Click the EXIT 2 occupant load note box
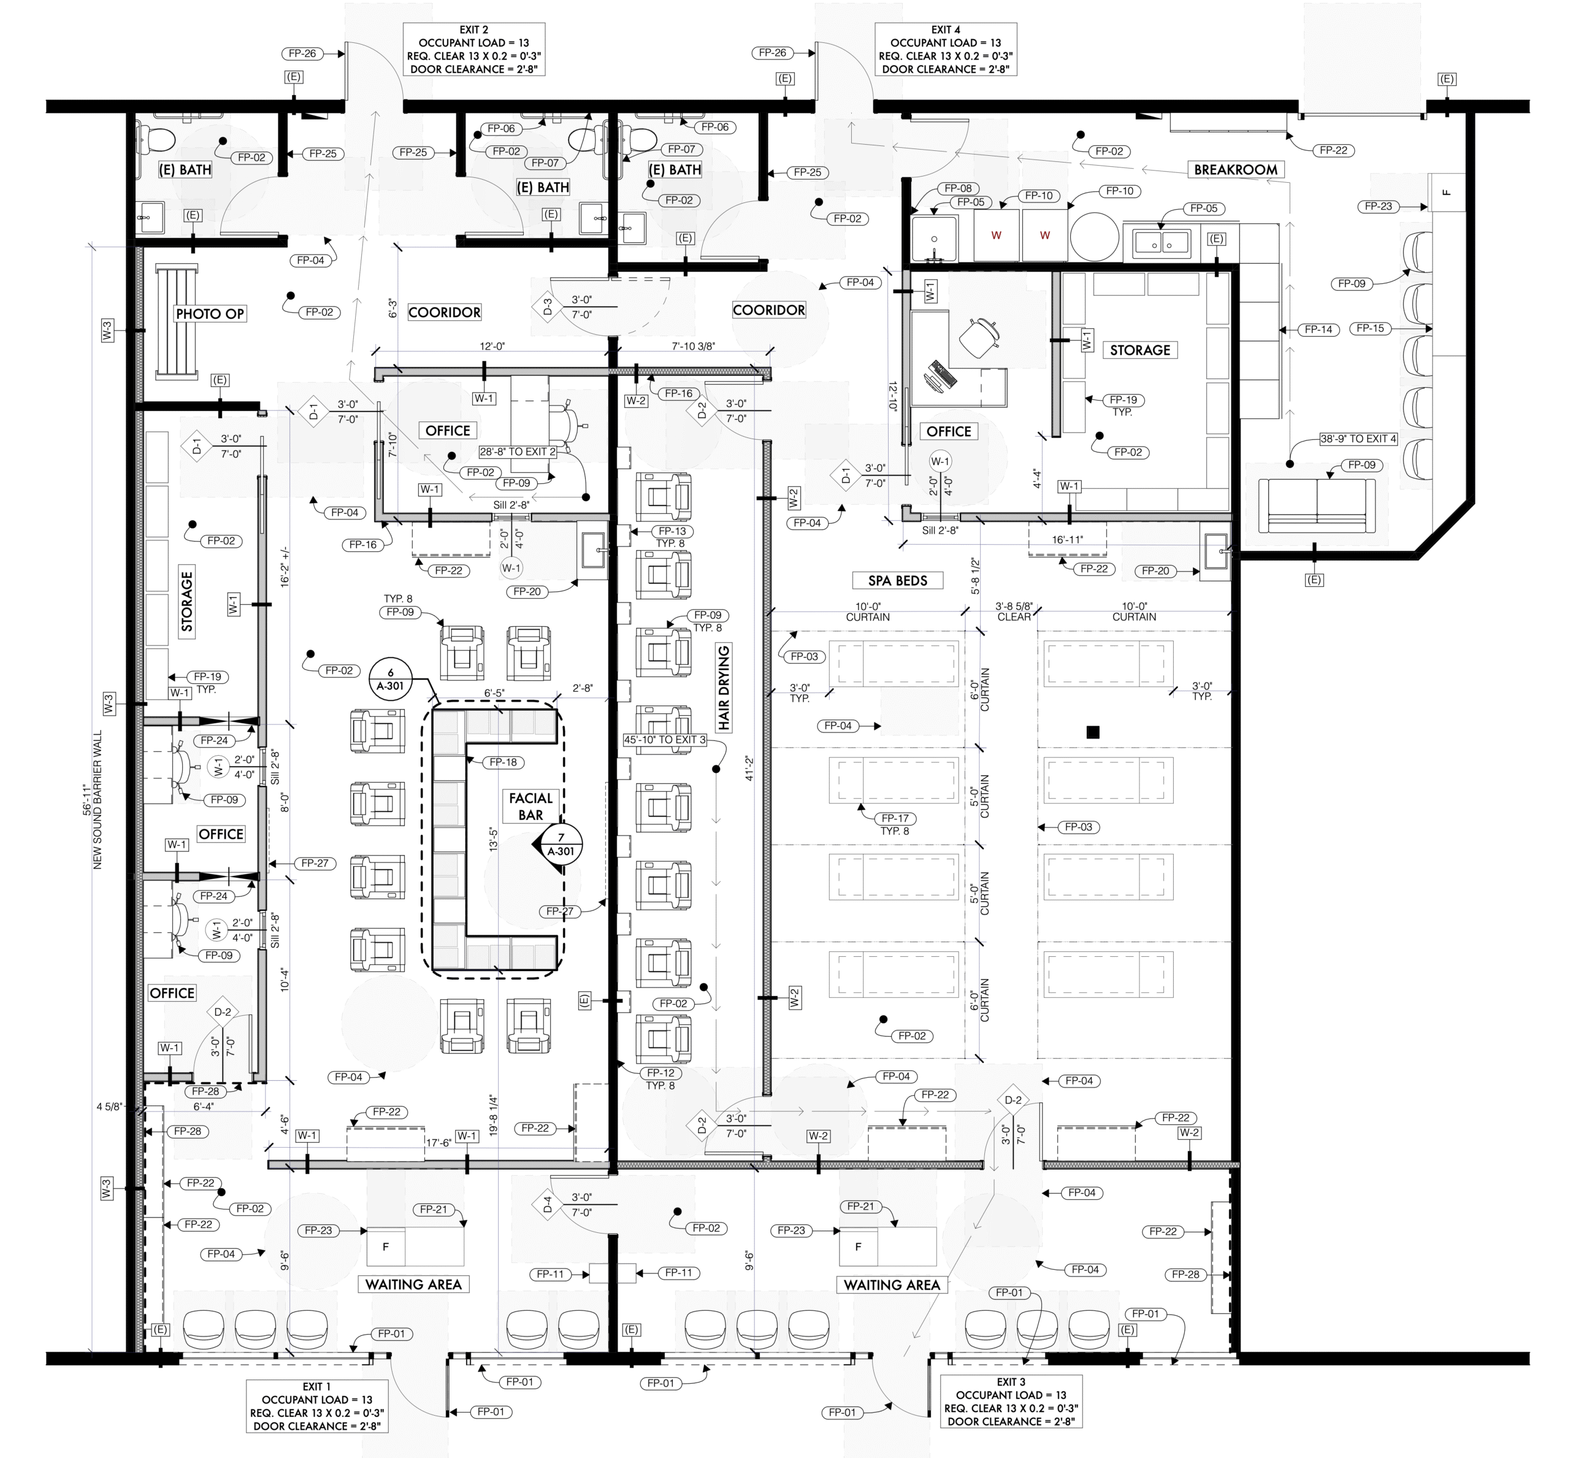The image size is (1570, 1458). [474, 50]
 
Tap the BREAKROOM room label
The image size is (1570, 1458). [1236, 170]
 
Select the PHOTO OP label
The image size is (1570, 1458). [210, 313]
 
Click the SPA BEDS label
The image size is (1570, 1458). [898, 581]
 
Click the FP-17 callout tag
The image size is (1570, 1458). [895, 818]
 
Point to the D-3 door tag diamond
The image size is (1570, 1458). [548, 306]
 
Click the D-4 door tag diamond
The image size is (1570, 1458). [548, 1205]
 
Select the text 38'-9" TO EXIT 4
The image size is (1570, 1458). [1358, 439]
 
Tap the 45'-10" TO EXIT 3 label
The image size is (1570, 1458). [665, 740]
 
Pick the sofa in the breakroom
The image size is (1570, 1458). [1317, 505]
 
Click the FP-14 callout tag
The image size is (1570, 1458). [1319, 330]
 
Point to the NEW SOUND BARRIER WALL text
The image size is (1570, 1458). [98, 799]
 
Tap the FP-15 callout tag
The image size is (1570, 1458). [1371, 328]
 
